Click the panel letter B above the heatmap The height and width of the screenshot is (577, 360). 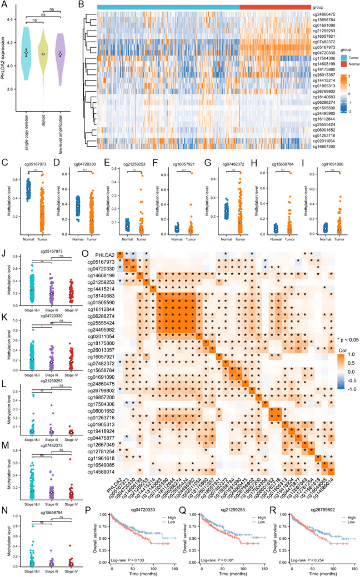(x=81, y=5)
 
